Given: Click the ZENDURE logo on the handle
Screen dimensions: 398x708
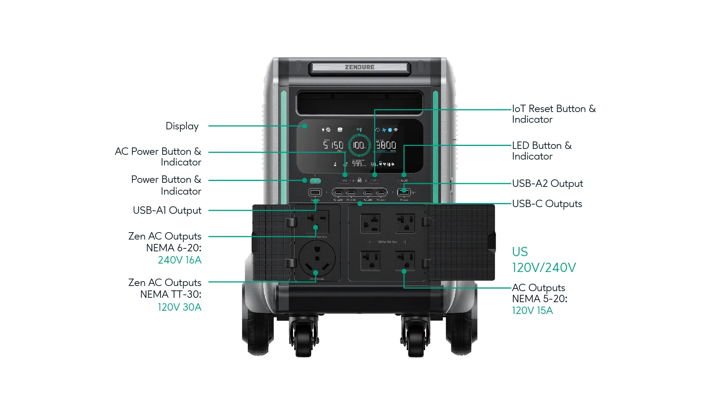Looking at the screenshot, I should point(360,67).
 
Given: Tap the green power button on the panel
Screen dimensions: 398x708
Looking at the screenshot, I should point(315,181).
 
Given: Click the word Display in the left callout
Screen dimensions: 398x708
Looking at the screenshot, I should point(182,126).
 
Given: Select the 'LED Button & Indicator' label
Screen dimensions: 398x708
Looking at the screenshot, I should point(541,151).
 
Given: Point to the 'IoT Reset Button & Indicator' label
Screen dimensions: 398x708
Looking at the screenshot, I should point(553,114).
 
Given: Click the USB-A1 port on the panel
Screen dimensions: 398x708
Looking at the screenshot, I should point(315,192).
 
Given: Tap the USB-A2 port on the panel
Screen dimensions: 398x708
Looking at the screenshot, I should point(404,192).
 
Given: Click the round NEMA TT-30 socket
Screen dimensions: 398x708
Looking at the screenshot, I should point(317,258).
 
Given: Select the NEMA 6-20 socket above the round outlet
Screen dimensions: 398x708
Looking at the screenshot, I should point(317,222).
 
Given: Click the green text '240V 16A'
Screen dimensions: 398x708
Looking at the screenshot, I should point(180,260).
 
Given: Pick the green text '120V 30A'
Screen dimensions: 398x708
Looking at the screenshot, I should point(180,307).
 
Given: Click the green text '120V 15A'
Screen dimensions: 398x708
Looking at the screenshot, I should point(532,311).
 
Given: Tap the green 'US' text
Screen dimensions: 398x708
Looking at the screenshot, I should point(520,252).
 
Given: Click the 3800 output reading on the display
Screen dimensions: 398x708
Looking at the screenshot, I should point(386,145).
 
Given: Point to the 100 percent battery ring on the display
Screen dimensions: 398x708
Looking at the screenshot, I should point(359,145).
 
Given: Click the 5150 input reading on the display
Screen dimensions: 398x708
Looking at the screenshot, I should point(333,145).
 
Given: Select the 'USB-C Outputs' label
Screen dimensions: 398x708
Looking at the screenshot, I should point(547,204).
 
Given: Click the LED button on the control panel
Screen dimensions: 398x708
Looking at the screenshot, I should point(404,181).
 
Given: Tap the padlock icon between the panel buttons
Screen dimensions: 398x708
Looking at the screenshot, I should point(360,180).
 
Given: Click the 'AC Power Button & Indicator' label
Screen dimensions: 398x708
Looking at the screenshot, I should point(158,157).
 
